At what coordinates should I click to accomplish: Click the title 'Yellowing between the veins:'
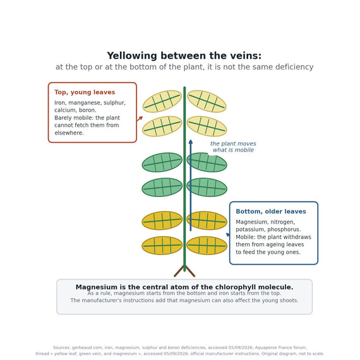[x=184, y=56]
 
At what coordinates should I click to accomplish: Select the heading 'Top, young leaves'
[x=85, y=92]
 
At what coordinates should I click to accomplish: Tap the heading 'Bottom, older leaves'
[x=271, y=212]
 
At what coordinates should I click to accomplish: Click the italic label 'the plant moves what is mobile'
[x=233, y=147]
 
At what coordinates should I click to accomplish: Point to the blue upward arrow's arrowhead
[x=191, y=141]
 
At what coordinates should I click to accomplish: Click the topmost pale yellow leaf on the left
[x=162, y=101]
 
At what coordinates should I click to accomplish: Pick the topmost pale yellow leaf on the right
[x=207, y=101]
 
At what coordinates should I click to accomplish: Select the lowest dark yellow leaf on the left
[x=162, y=246]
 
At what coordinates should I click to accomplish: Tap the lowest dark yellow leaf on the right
[x=207, y=246]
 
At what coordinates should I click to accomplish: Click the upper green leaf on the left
[x=162, y=162]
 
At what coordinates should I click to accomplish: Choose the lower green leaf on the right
[x=207, y=188]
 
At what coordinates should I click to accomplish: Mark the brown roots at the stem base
[x=184, y=272]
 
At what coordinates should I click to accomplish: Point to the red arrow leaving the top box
[x=140, y=119]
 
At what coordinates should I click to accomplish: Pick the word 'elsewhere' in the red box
[x=69, y=133]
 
